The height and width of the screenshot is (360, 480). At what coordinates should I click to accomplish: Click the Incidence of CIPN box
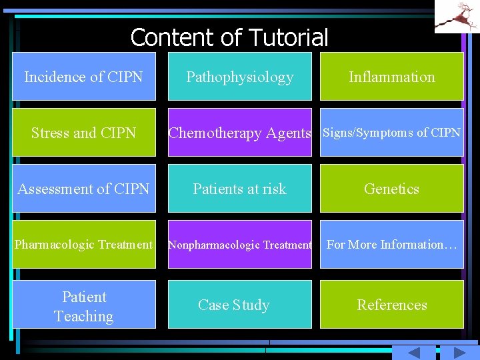coord(84,77)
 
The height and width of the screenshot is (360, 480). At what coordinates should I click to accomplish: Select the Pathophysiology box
coord(239,77)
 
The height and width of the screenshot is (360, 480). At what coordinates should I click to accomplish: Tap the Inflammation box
coord(392,77)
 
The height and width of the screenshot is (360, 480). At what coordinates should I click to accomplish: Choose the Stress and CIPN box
coord(84,133)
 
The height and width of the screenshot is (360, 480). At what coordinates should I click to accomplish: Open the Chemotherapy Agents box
coord(239,133)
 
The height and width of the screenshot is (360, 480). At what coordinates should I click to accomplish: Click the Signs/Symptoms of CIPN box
coord(392,133)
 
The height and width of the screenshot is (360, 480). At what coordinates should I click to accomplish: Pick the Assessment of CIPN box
coord(84,189)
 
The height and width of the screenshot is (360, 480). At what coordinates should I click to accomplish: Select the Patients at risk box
coord(239,189)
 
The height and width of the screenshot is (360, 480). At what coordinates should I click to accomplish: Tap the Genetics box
coord(392,189)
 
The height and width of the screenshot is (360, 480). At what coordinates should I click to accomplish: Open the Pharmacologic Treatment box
coord(84,245)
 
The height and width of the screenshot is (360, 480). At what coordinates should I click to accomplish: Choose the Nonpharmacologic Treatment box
coord(239,245)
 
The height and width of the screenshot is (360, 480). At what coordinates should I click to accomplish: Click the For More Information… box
coord(392,245)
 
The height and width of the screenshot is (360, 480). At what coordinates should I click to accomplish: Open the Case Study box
coord(239,305)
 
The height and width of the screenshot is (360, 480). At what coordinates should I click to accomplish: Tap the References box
coord(392,305)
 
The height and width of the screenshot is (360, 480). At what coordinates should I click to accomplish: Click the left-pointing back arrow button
coord(415,353)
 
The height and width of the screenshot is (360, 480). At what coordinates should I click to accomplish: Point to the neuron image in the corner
coord(457,16)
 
